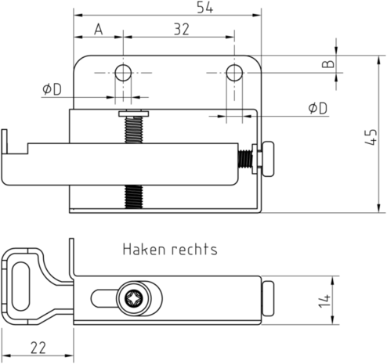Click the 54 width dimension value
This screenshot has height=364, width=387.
205,7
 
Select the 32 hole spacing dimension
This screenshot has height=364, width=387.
182,29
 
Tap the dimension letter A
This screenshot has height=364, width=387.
99,29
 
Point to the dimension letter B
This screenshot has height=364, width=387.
328,64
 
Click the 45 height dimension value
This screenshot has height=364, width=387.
371,137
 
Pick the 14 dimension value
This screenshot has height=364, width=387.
324,301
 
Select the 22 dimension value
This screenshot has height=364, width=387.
38,348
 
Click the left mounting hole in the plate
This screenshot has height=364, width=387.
123,73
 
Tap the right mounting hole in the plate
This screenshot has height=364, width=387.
234,73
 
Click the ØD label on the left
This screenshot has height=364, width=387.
52,89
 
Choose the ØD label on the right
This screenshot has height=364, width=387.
317,108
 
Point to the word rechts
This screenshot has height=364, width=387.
194,249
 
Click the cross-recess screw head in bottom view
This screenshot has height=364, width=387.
134,298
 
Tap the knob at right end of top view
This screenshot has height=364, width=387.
268,159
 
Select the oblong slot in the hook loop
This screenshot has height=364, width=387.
21,287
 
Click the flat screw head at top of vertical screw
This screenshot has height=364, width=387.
134,114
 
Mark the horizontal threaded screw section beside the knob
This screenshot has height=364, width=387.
245,159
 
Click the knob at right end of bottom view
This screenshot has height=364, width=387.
268,298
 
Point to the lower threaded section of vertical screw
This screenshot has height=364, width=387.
134,196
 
